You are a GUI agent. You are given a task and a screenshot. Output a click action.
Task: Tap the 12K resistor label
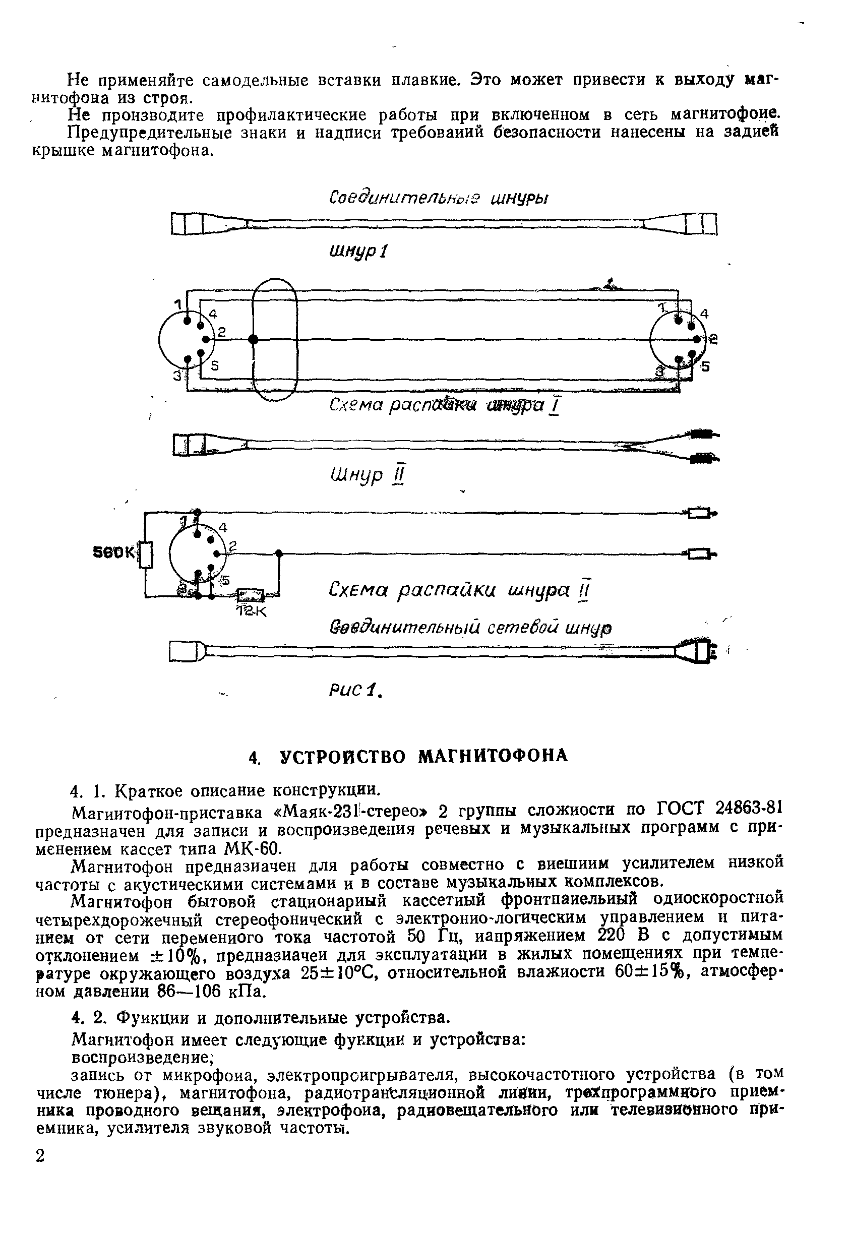coord(251,611)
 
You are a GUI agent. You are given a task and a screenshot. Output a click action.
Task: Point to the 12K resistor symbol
coord(251,594)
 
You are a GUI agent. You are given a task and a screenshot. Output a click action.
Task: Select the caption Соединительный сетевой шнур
coord(470,628)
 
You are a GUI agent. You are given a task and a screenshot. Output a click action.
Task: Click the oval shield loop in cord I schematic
coord(274,339)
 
